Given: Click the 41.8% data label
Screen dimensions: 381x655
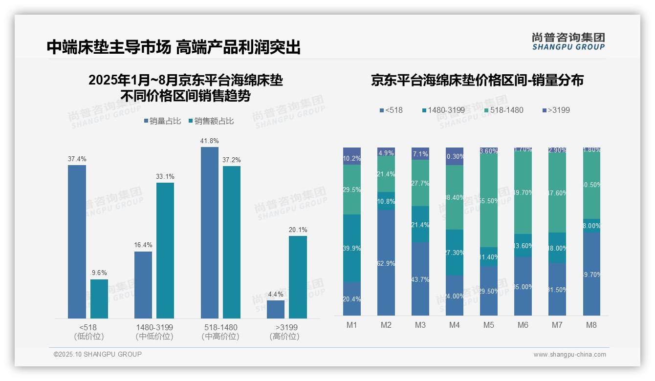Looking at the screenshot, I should click(209, 141).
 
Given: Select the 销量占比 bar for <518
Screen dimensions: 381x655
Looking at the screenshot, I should click(77, 242).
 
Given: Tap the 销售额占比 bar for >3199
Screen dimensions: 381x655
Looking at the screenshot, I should click(298, 277).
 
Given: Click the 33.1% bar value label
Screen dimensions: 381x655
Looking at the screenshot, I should click(165, 177).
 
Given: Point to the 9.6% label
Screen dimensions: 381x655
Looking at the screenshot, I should click(99, 273).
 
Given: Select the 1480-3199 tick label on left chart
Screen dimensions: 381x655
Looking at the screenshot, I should click(154, 327).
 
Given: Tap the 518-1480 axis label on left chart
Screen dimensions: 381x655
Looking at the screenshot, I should click(220, 327).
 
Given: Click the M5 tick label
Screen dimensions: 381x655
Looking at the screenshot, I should click(489, 325).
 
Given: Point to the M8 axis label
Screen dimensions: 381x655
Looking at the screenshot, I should click(591, 325).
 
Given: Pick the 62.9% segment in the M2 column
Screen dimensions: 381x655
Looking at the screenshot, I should click(386, 263).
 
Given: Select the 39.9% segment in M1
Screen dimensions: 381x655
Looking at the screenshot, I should click(352, 248).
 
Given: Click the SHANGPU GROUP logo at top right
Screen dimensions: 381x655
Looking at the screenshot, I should click(568, 41).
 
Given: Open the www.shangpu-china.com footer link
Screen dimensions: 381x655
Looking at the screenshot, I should click(569, 355).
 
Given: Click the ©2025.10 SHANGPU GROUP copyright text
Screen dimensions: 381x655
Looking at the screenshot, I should click(98, 354).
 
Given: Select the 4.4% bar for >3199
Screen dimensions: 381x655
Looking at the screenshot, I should click(276, 309).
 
